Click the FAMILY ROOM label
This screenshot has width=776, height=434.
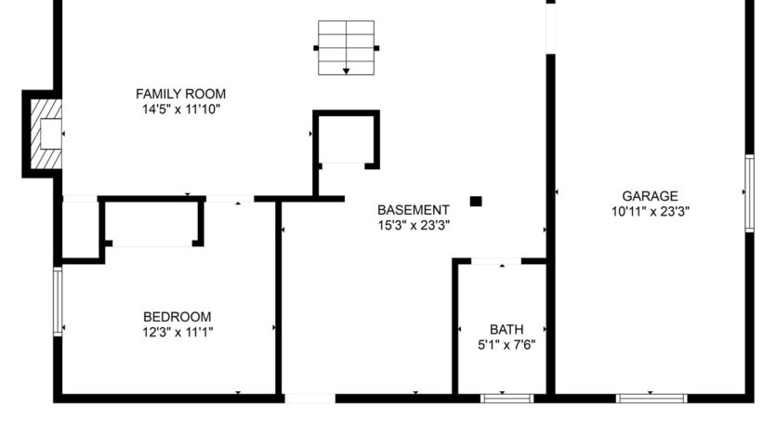coord(180,94)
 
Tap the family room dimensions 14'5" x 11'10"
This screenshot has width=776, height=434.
coord(180,109)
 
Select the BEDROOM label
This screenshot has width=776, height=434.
coord(177,316)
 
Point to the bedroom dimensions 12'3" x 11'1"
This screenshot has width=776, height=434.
coord(177,331)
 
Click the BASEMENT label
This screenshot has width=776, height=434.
coord(414,210)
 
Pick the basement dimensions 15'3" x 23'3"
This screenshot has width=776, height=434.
coord(414,225)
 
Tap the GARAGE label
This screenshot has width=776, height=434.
coord(650,196)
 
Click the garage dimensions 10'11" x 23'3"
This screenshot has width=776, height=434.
coord(650,211)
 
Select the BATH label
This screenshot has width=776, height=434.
coord(506,329)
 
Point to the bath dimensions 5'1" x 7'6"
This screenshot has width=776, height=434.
coord(506,344)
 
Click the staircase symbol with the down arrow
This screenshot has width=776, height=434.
coord(346,47)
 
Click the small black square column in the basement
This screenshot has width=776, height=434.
coord(476,201)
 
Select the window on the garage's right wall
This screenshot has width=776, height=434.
coord(748,192)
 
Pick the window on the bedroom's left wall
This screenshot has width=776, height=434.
coord(58,300)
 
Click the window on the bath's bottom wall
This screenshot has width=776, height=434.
coord(507,399)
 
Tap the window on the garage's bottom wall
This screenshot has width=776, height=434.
coord(651,399)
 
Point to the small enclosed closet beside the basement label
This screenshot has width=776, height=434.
coord(346,139)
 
